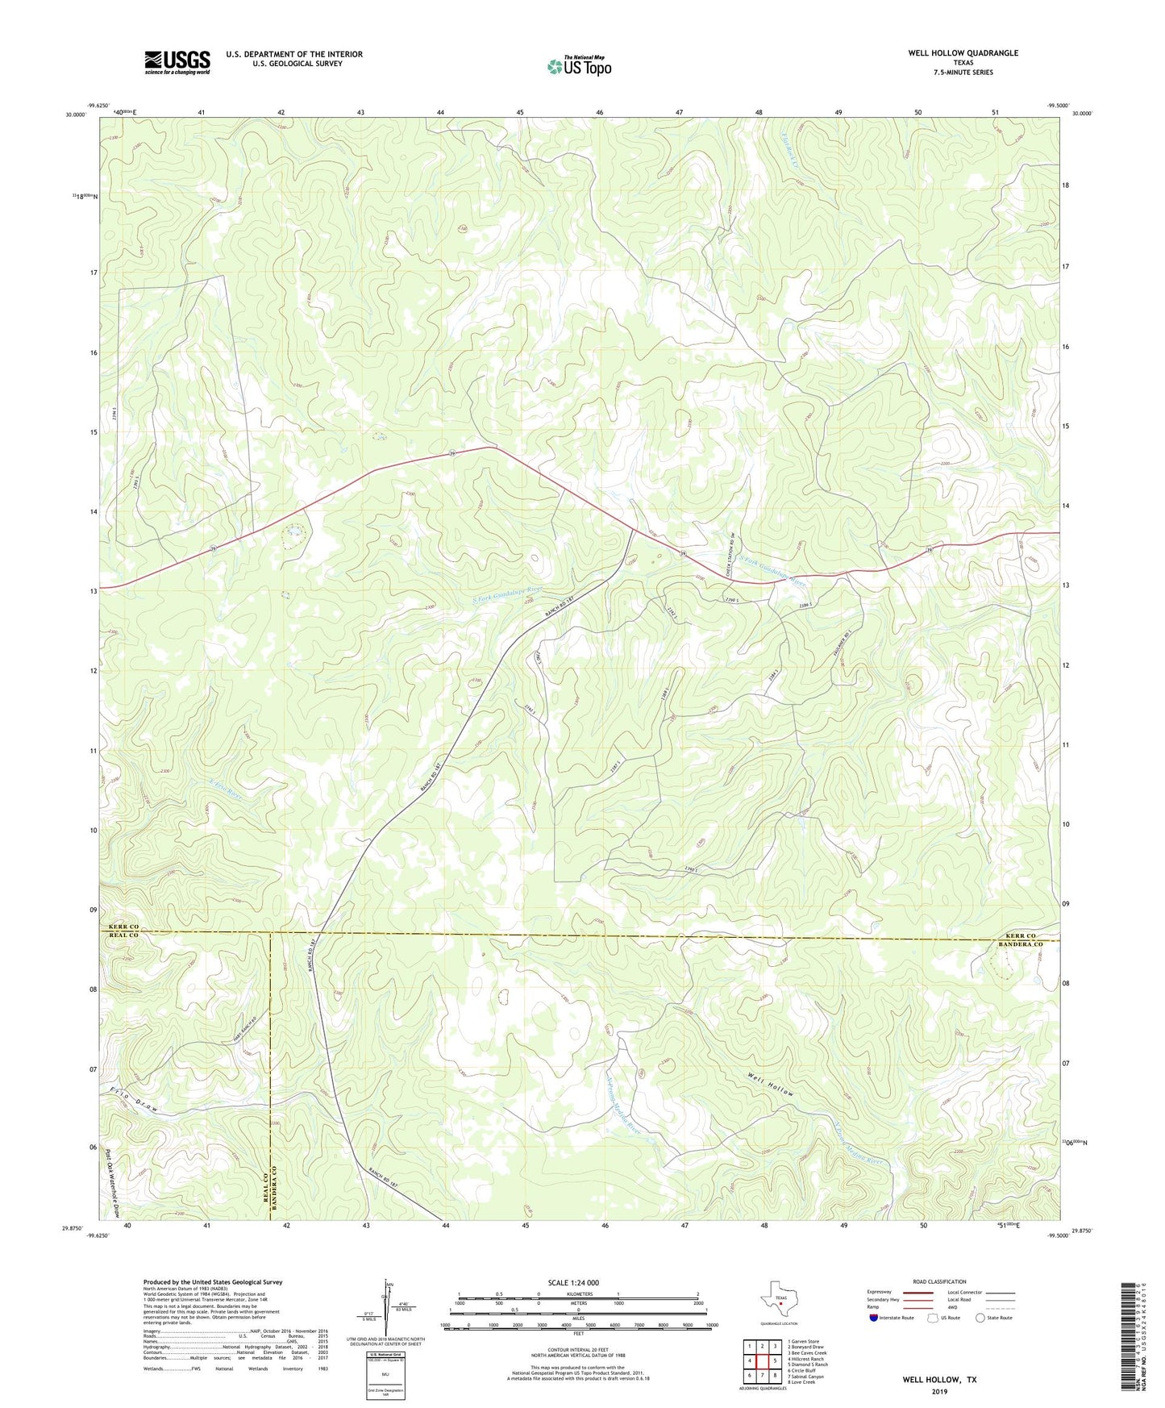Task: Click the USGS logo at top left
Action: click(177, 62)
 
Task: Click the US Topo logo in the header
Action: click(578, 67)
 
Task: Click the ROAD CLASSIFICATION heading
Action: click(939, 1281)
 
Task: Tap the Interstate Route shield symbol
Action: click(874, 1318)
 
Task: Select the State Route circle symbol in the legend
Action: click(980, 1318)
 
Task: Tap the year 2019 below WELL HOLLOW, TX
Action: click(939, 1391)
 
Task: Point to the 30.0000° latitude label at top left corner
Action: click(75, 115)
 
